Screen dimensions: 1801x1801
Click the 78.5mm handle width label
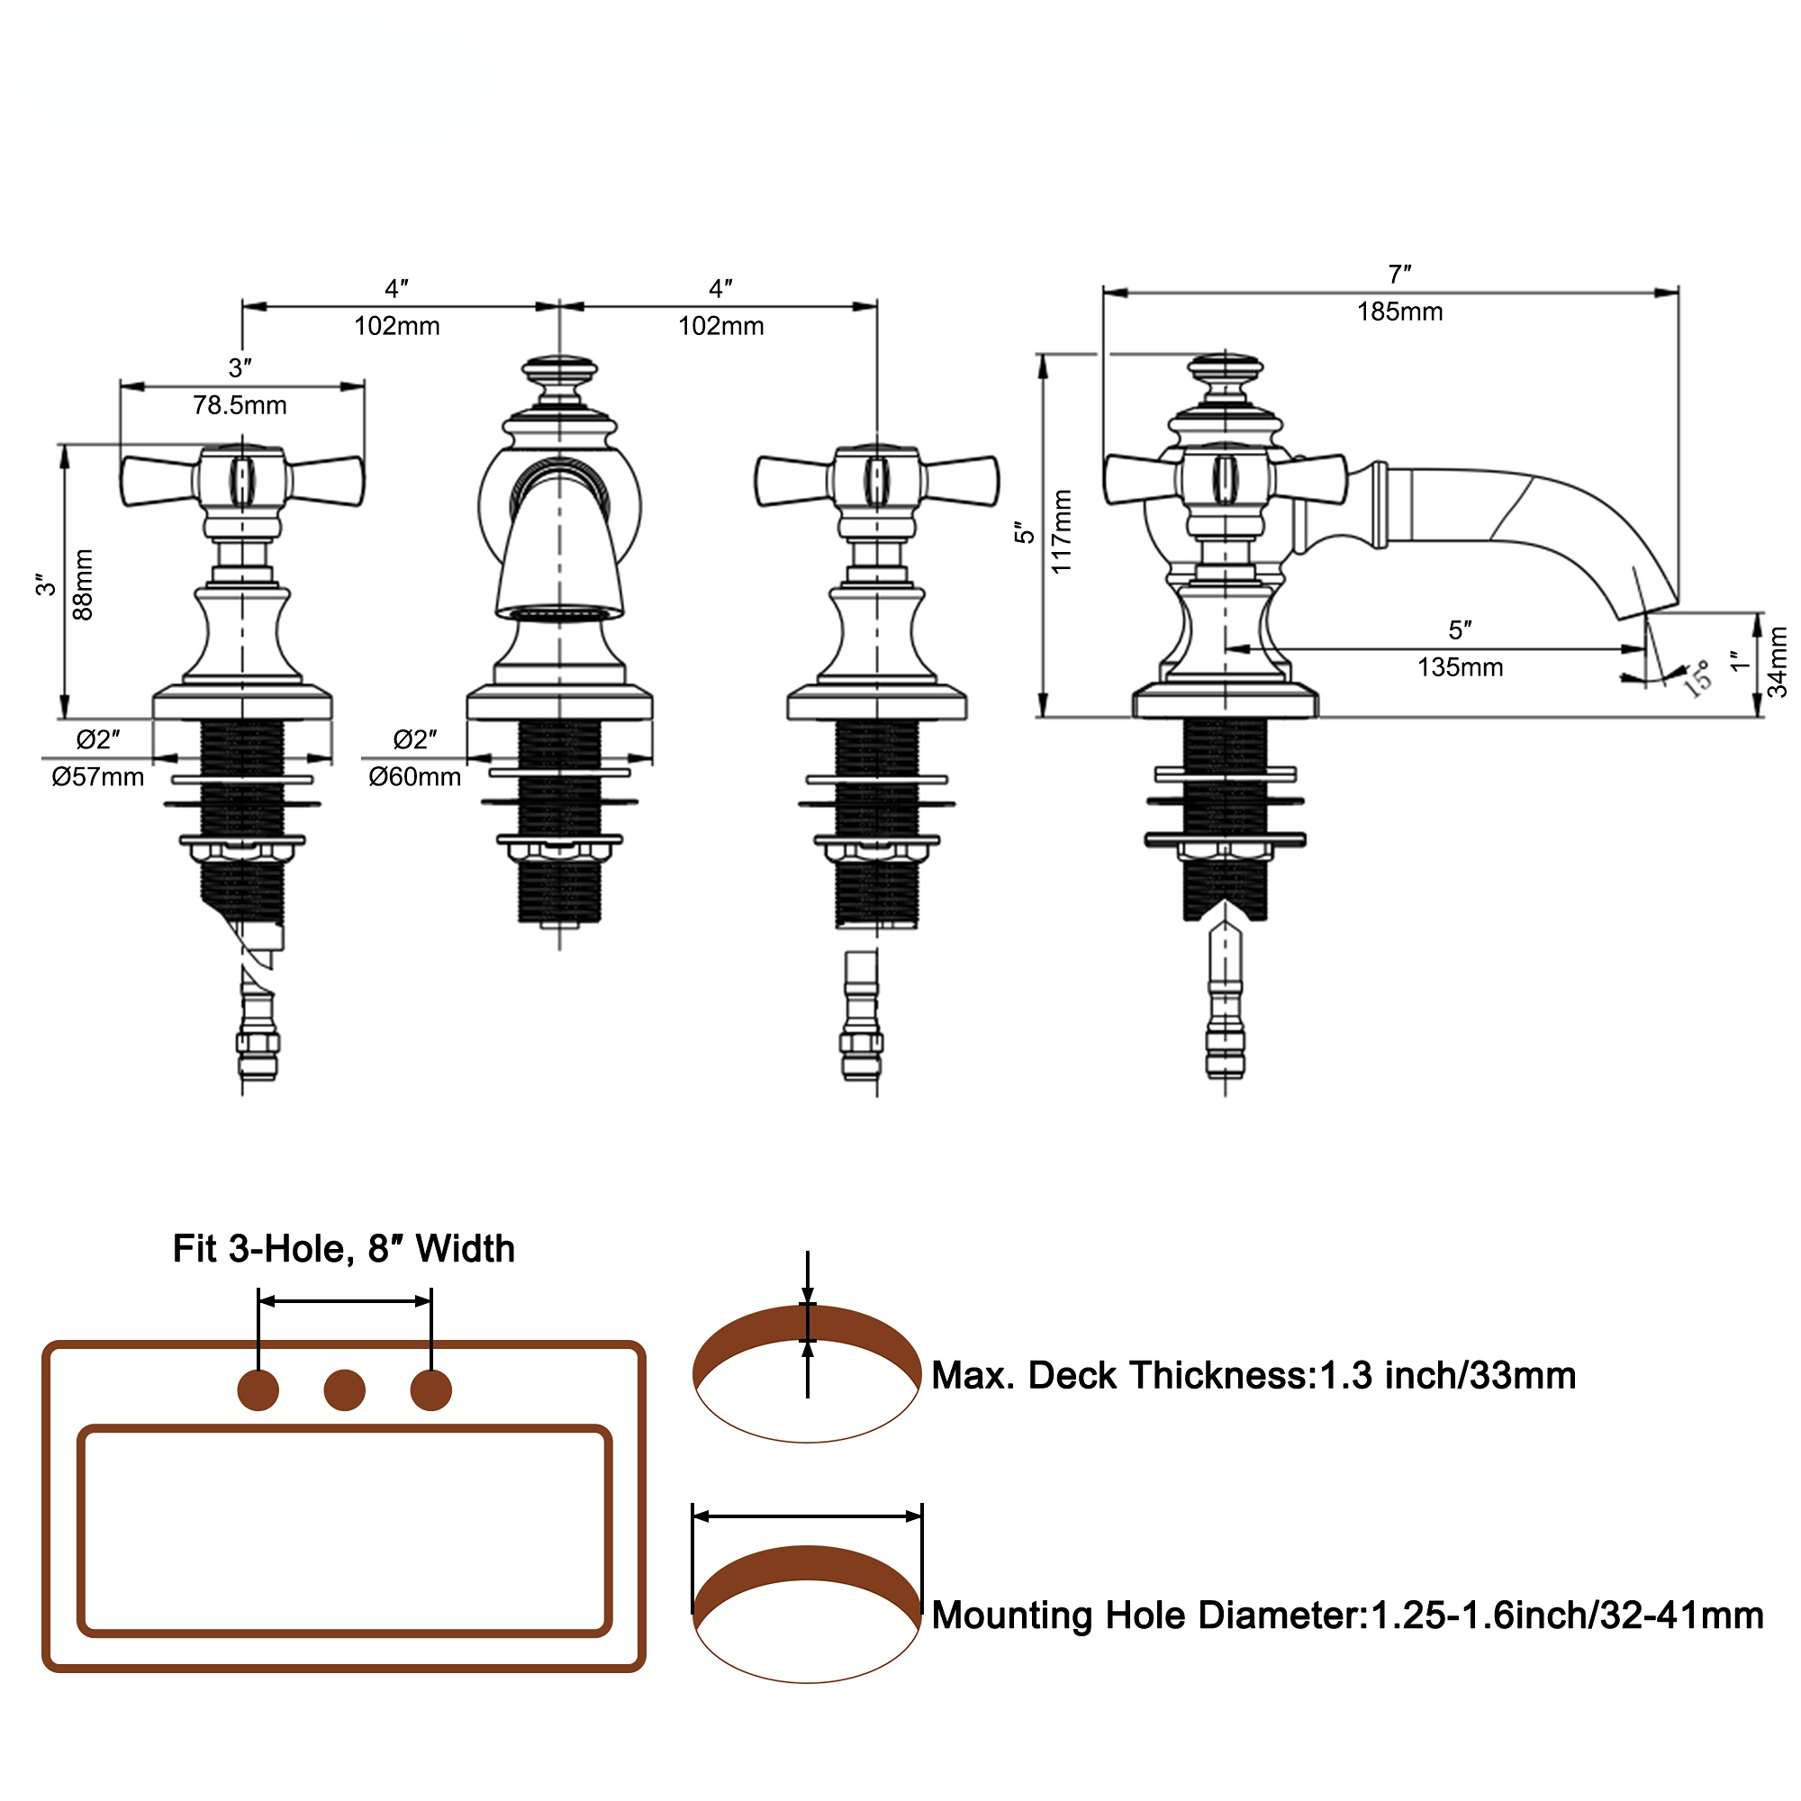[x=240, y=405]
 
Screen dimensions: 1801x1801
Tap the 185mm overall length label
[x=1399, y=312]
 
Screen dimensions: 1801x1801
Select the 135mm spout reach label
[x=1460, y=667]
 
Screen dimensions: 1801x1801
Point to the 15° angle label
[x=1697, y=679]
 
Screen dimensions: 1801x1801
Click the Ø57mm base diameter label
[x=98, y=776]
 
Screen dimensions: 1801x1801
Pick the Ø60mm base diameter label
[x=415, y=776]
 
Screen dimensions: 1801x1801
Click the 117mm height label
[x=1062, y=531]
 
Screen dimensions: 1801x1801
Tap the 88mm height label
[x=83, y=584]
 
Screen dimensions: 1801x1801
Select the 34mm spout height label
[x=1778, y=661]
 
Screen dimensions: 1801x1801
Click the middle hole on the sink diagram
[x=344, y=1389]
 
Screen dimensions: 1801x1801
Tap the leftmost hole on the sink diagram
[x=258, y=1389]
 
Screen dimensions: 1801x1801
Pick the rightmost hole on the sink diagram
[x=430, y=1389]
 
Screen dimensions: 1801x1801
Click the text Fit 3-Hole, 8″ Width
[x=344, y=1248]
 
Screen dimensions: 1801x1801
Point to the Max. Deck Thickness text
[x=1253, y=1375]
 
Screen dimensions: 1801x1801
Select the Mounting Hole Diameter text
[x=1347, y=1615]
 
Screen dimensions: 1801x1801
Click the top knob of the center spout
[x=559, y=369]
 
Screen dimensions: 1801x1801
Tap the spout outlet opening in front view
[x=558, y=612]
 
